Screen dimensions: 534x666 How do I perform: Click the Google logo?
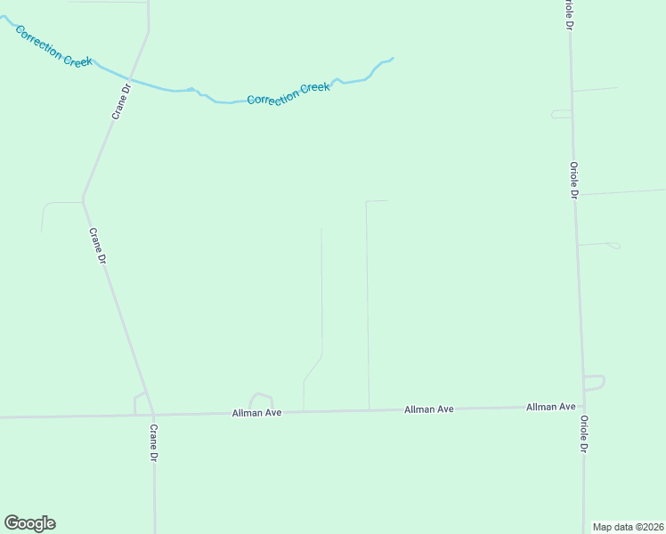[29, 523]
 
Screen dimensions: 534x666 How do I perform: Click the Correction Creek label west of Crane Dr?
[53, 44]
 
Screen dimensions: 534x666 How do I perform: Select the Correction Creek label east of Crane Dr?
[288, 93]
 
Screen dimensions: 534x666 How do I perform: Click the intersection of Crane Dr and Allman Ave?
[153, 415]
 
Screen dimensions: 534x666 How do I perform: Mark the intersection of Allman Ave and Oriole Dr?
[584, 408]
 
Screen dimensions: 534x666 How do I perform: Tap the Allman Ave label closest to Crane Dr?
[256, 413]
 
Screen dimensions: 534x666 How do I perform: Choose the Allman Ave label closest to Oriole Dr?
[550, 407]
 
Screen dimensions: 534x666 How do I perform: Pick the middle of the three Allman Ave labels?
[429, 409]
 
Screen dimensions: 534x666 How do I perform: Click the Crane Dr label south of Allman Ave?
[153, 442]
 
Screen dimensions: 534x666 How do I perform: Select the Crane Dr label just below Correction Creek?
[120, 104]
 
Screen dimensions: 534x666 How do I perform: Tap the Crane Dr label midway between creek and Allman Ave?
[97, 247]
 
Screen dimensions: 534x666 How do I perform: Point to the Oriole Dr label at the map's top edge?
[567, 12]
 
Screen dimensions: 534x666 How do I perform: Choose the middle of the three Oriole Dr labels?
[574, 180]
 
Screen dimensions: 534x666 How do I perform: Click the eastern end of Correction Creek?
[392, 59]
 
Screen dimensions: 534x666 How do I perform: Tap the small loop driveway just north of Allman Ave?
[261, 398]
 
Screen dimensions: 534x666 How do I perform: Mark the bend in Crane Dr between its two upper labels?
[83, 198]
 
